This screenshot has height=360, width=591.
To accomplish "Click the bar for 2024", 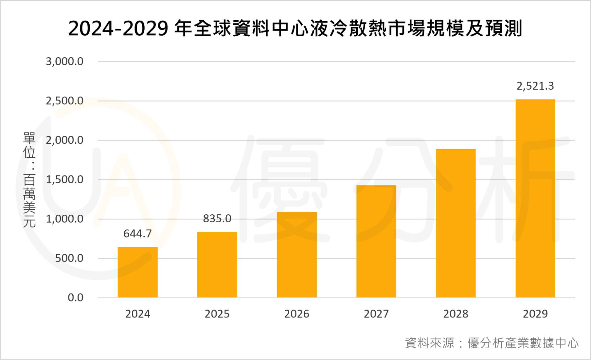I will pos(138,272).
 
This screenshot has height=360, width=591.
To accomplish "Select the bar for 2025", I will pos(217,265).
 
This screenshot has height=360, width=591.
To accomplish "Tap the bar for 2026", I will pos(297,255).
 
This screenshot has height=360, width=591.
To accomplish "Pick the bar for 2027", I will pos(376,241).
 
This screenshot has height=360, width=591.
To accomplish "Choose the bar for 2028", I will pos(456,223).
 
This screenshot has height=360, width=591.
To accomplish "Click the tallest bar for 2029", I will pos(535,198).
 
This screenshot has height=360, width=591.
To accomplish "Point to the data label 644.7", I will pos(138,234).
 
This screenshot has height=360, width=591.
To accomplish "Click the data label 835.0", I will pos(217,219).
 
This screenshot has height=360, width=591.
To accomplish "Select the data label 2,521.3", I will pos(535,86).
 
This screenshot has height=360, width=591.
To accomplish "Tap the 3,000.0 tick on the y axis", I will pos(65,62).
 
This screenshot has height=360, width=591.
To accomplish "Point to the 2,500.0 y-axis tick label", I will pos(65,101).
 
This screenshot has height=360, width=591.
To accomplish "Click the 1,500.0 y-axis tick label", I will pos(65,180).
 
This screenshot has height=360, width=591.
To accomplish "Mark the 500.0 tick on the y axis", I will pos(69,258).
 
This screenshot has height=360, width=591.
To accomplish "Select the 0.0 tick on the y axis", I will pos(75,298).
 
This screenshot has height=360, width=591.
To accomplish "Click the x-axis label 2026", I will pos(297,314).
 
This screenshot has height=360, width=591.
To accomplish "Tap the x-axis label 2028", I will pos(456,314).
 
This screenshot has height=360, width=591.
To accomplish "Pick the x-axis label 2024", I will pos(138,314).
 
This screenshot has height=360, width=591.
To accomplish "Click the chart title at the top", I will pos(295,28).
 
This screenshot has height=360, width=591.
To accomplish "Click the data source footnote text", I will pos(492,343).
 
